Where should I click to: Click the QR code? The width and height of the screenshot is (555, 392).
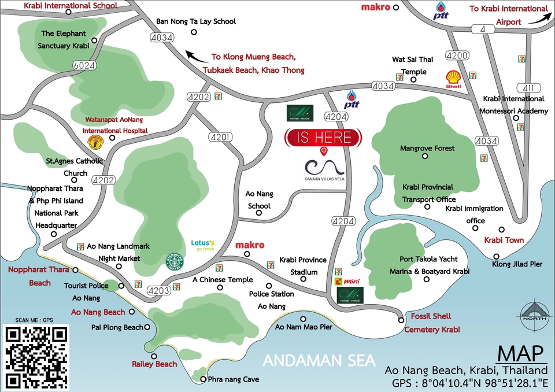[x=36, y=357]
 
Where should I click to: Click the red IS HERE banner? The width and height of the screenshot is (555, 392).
[x=324, y=138]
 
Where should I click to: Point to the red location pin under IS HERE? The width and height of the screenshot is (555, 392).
[x=324, y=151]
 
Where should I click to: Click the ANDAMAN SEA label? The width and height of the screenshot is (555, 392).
[x=319, y=360]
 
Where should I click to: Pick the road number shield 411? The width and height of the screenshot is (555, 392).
[x=527, y=88]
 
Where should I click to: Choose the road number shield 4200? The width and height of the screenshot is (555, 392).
[x=456, y=56]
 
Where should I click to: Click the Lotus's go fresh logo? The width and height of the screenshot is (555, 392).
[x=203, y=245]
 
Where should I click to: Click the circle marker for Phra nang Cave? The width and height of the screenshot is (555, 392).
[x=203, y=379]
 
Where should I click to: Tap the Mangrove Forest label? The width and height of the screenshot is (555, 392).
[x=427, y=149]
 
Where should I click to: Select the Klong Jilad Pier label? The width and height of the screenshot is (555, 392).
[x=517, y=264]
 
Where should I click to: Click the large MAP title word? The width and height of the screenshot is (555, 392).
[x=519, y=353]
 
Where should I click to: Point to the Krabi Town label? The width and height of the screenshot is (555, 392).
[x=504, y=240]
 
